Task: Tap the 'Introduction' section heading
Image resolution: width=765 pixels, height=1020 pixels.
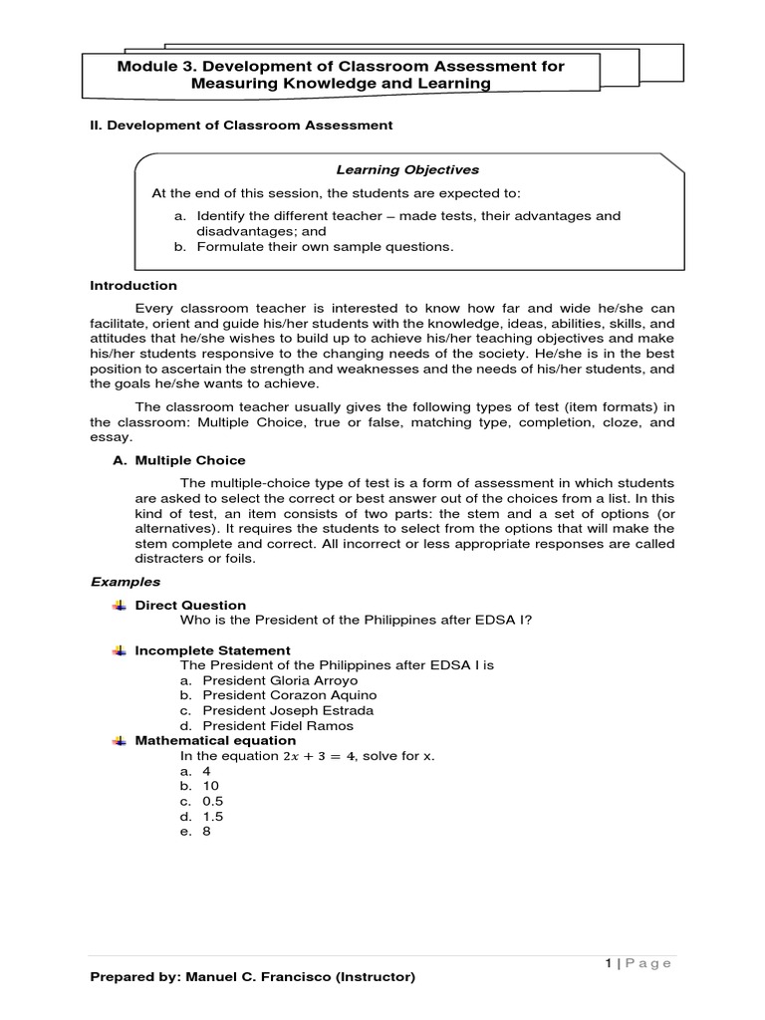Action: pos(133,285)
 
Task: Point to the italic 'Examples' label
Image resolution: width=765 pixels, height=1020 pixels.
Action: pos(125,581)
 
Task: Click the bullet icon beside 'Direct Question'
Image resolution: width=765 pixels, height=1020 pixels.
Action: pos(121,605)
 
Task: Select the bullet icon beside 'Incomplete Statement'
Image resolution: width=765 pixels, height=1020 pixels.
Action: pos(121,649)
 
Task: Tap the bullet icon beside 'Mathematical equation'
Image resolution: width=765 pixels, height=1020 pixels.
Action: pos(121,740)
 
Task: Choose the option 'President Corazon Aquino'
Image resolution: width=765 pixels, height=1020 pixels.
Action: pos(289,695)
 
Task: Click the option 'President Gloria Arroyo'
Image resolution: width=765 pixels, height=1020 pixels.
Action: pos(280,680)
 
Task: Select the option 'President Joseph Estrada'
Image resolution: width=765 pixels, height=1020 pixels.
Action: pos(288,710)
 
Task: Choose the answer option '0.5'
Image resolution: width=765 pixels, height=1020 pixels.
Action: pos(212,801)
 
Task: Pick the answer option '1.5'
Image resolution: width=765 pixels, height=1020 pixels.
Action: pos(212,816)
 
